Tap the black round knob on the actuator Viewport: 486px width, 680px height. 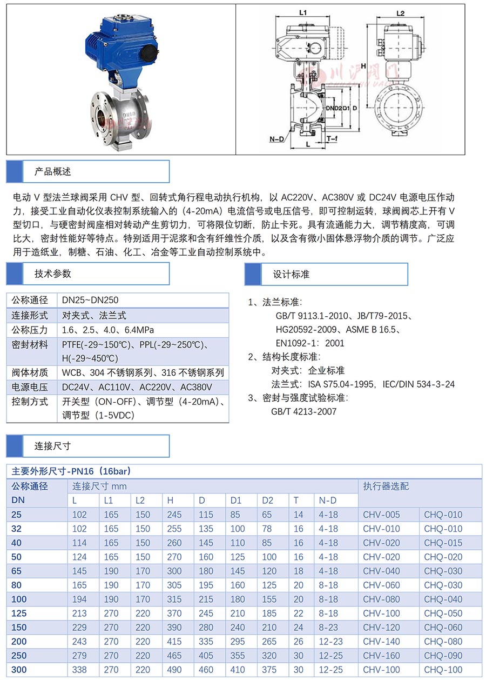click(148, 53)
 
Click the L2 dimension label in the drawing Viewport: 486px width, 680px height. click(400, 13)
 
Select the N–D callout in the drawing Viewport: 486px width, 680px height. click(277, 139)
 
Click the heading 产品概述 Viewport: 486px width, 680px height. click(53, 171)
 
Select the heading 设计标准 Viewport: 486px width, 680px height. click(292, 274)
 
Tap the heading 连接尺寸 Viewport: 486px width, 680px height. click(53, 446)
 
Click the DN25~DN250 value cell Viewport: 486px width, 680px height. click(90, 300)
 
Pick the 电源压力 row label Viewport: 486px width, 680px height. click(30, 387)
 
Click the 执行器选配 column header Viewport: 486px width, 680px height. click(386, 486)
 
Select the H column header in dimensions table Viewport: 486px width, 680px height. click(171, 501)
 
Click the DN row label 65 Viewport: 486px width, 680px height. click(18, 571)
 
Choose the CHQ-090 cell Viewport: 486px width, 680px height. click(443, 655)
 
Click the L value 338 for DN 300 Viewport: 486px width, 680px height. click(80, 669)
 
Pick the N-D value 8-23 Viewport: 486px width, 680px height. click(328, 627)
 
